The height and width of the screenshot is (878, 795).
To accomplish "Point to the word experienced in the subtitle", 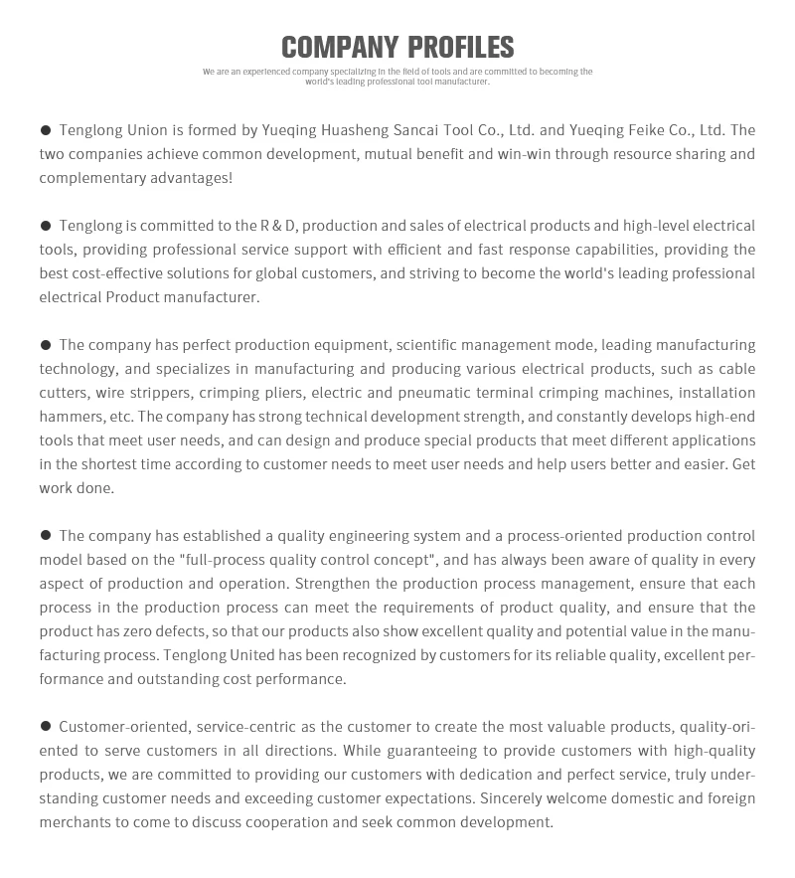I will (266, 72).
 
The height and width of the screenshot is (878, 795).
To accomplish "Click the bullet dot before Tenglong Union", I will (46, 130).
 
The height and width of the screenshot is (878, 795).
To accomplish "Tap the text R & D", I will (278, 226).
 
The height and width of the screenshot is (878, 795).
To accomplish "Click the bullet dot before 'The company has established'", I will (46, 536).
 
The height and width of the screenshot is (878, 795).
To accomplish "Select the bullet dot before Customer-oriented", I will (46, 727).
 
